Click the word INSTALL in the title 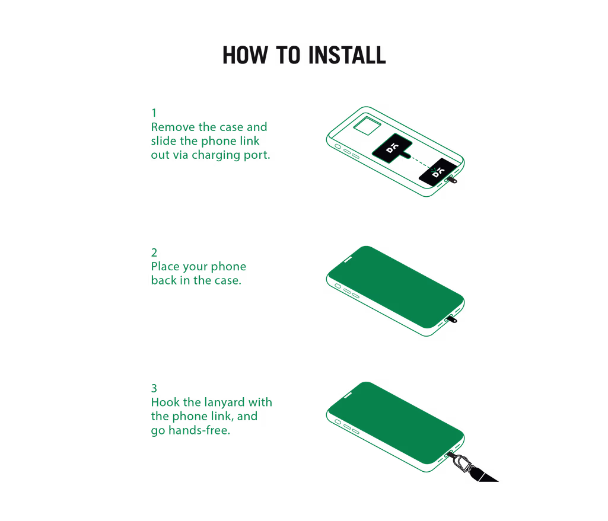(x=347, y=55)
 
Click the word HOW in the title (x=245, y=55)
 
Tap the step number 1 (x=154, y=113)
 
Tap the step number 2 (x=154, y=252)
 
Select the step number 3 (x=154, y=388)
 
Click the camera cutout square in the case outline (x=367, y=126)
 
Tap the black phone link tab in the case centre (x=392, y=148)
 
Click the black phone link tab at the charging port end (x=438, y=172)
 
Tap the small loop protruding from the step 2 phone (x=452, y=319)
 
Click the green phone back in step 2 (x=396, y=287)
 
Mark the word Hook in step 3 (x=165, y=402)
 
